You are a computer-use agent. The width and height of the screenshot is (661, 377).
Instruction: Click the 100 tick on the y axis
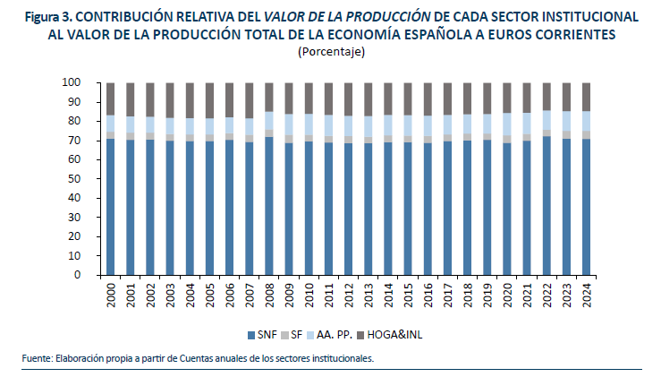(72, 82)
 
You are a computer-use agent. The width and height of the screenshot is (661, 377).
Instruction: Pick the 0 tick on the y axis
(79, 275)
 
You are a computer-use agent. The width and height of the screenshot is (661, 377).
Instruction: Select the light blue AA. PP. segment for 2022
(547, 120)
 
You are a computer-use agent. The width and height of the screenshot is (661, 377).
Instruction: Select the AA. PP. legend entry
(335, 335)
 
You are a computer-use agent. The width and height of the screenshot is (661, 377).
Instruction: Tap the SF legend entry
(296, 335)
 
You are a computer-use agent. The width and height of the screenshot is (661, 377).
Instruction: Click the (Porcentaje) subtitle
(330, 52)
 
